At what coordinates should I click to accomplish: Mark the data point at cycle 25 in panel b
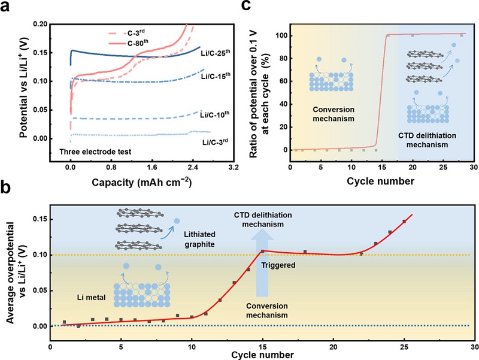tap(404, 222)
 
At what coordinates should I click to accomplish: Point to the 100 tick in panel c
tap(279, 36)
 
